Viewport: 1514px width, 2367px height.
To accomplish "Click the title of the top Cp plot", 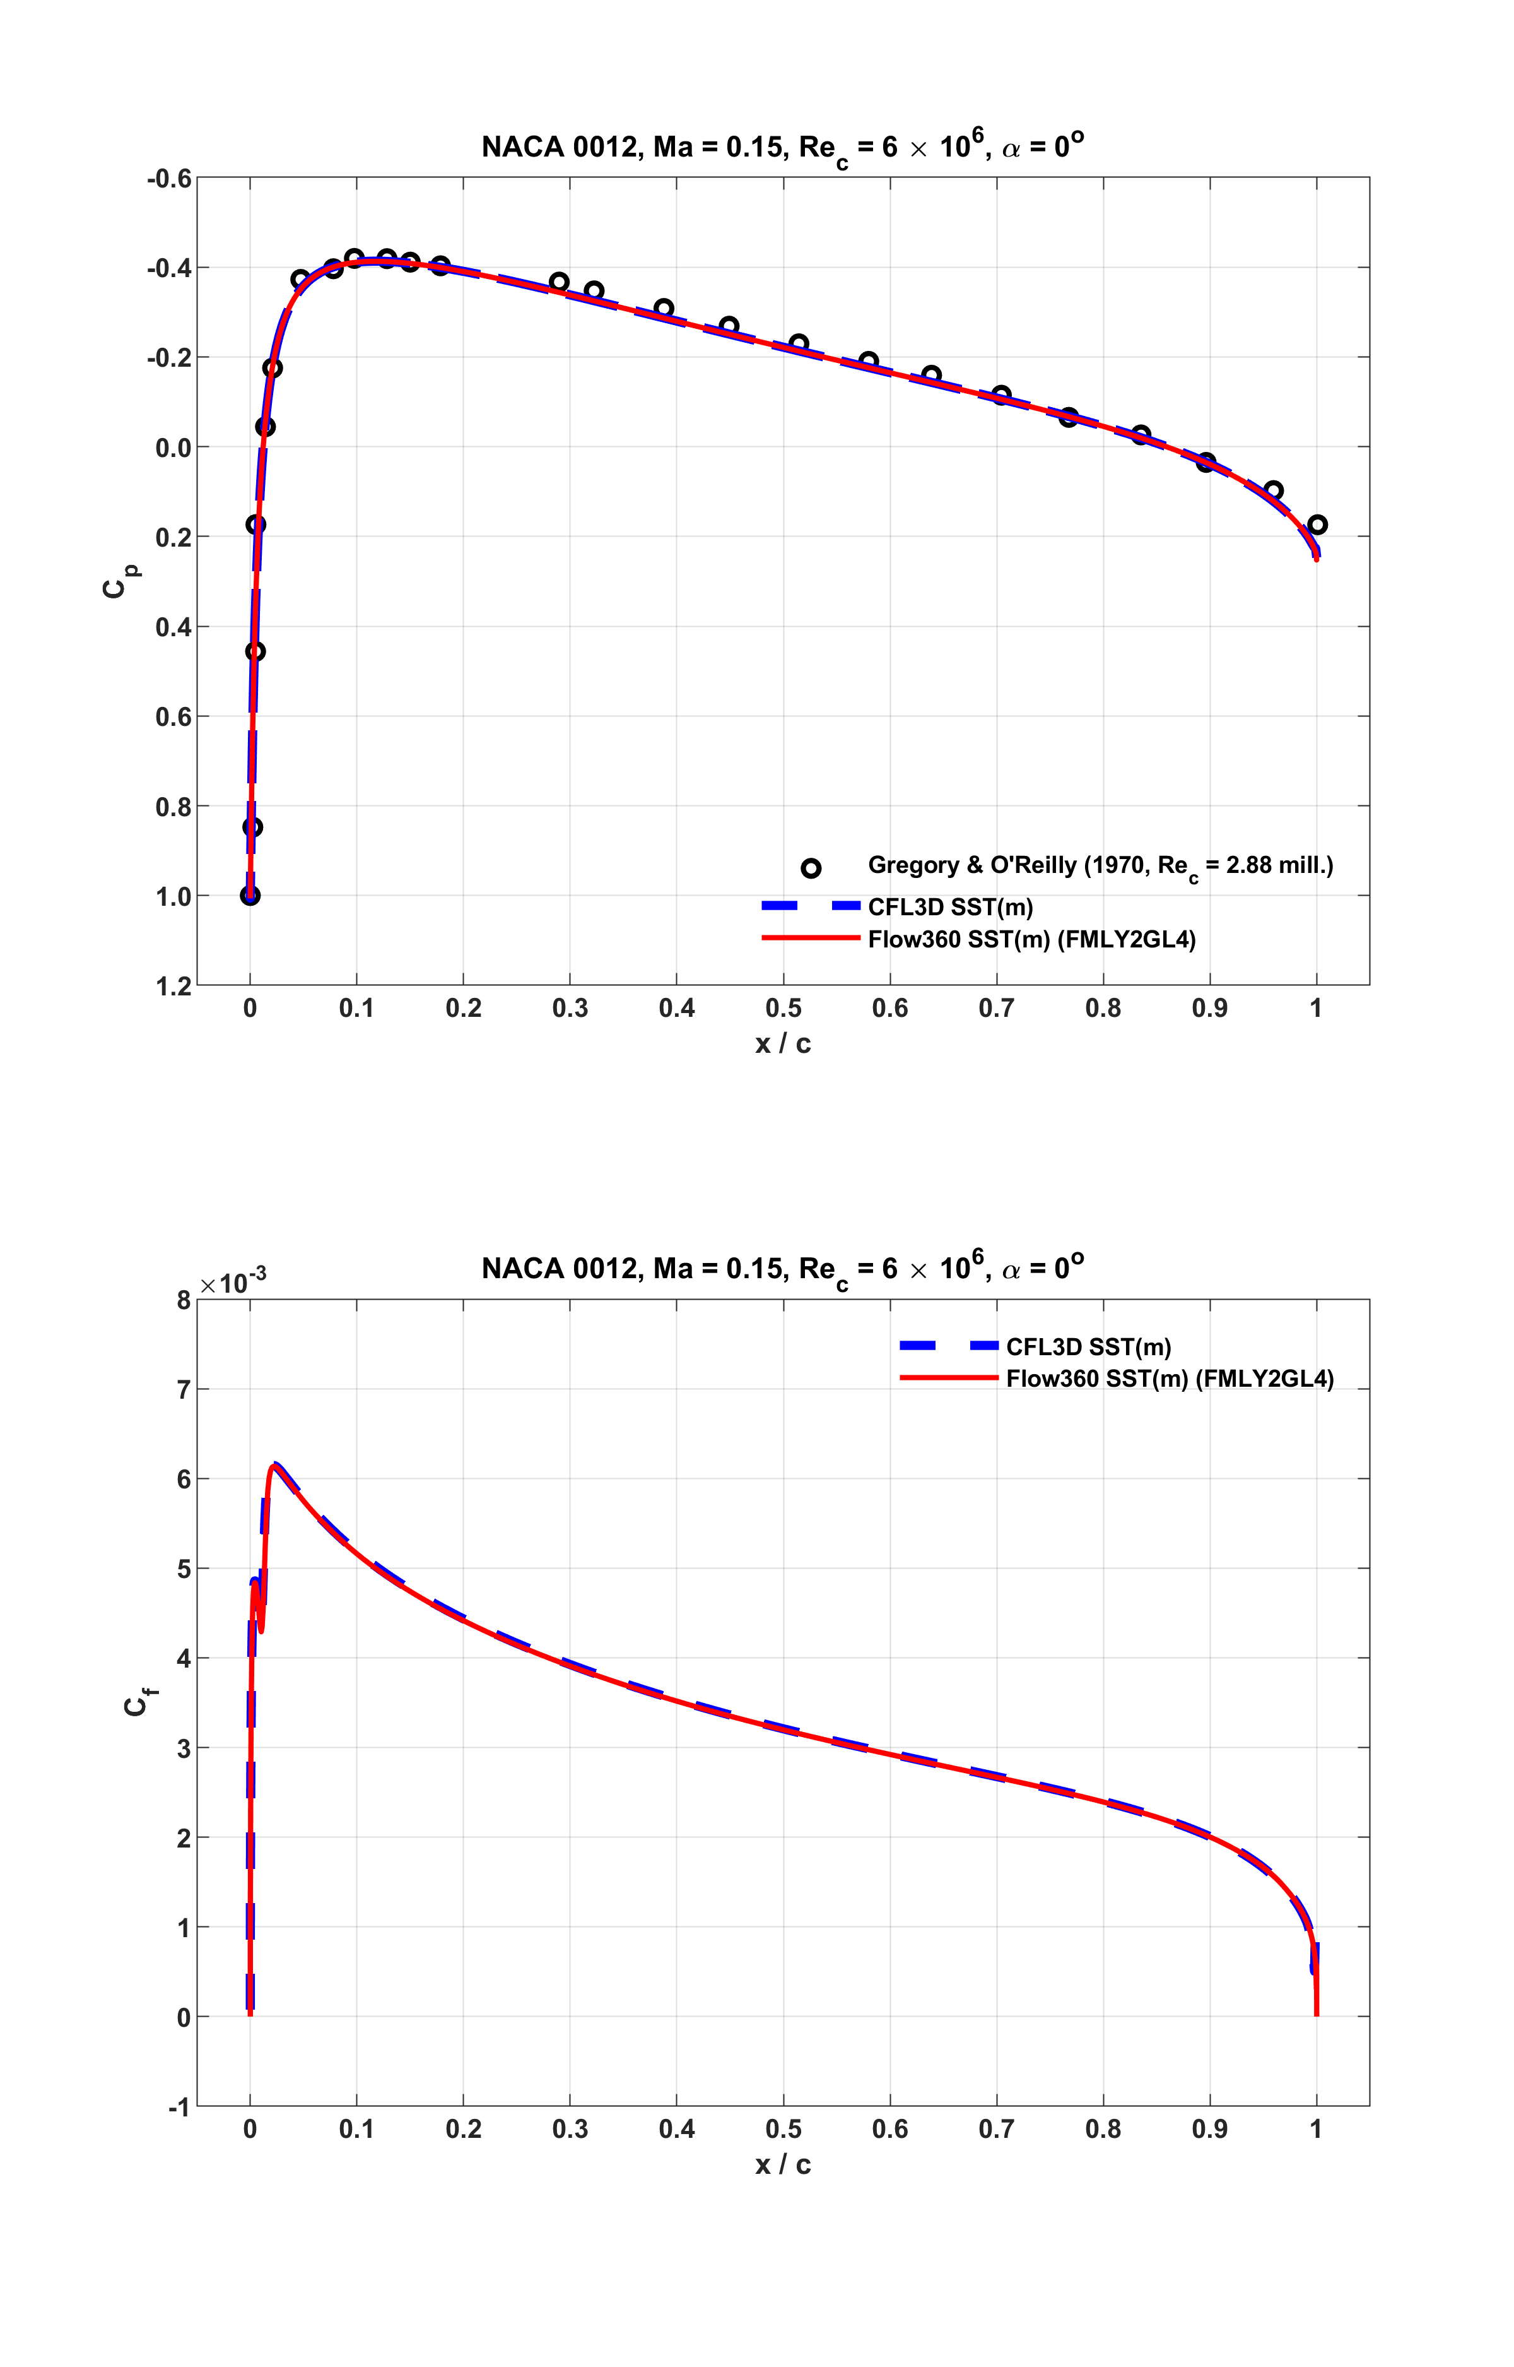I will (x=783, y=148).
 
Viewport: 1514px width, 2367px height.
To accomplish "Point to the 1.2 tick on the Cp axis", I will (x=173, y=987).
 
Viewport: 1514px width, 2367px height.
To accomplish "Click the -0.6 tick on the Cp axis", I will (x=169, y=179).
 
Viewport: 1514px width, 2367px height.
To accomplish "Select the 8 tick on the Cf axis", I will (x=184, y=1300).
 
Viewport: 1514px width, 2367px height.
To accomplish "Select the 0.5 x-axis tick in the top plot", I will (x=783, y=1008).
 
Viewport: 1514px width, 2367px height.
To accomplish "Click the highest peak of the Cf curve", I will (x=275, y=1464).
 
